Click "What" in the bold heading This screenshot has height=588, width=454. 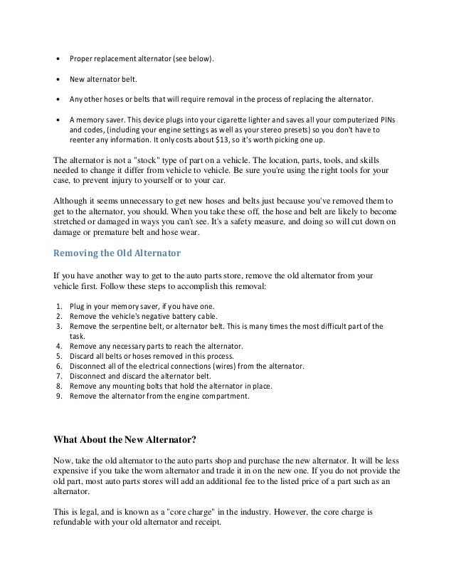69,436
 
